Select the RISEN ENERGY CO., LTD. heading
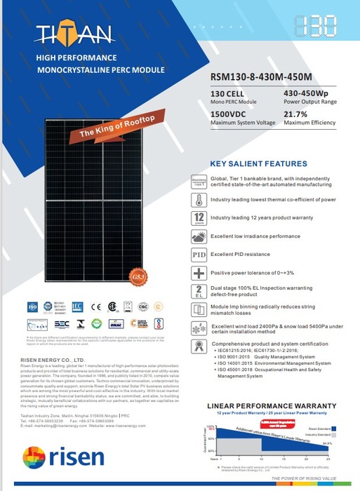click(x=51, y=360)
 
